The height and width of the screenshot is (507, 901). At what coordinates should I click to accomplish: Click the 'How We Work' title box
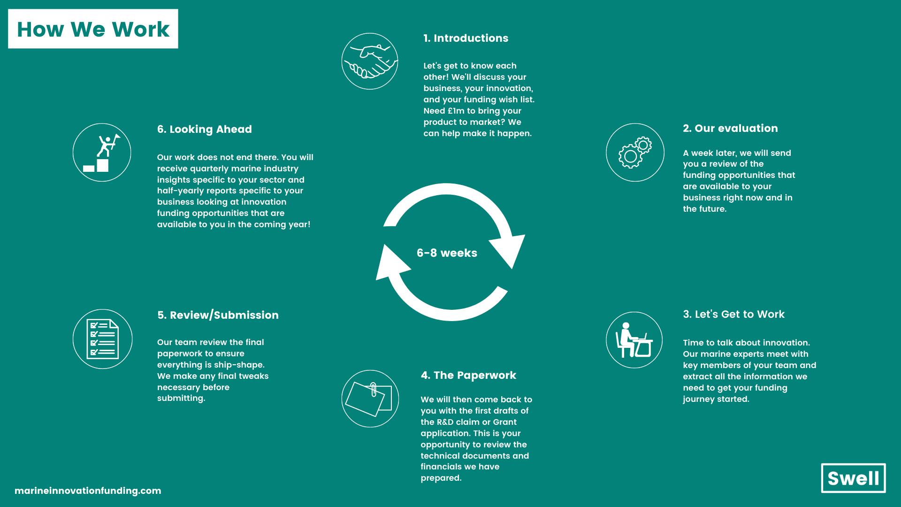pos(93,29)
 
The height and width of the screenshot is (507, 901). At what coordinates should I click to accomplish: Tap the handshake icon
pos(370,61)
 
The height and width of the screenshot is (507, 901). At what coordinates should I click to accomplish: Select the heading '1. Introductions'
pos(466,38)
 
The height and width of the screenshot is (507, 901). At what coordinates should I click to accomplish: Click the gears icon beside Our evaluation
pos(635,152)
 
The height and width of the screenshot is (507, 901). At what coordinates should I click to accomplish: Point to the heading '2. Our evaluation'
pos(730,129)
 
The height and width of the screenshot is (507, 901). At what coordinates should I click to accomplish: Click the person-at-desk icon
pos(634,340)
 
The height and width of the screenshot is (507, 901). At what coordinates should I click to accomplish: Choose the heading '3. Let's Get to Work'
pos(733,315)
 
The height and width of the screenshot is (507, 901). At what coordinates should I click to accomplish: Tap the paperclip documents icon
pos(370,399)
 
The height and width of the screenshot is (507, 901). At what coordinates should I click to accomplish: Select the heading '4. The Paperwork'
pos(468,376)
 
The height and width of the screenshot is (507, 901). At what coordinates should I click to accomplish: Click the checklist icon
pos(102,339)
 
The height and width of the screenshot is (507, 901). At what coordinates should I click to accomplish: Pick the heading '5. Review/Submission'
pos(218,315)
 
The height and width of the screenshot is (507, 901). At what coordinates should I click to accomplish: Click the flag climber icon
pos(102,153)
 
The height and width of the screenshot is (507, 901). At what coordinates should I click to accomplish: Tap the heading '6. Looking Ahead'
pos(204,130)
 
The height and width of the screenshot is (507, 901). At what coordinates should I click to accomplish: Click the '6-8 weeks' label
pos(447,253)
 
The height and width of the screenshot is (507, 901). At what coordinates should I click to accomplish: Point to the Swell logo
pos(853,478)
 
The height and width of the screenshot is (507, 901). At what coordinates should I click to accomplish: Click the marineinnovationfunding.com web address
pos(88,491)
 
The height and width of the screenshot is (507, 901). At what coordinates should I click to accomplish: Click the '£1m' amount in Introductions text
pos(456,111)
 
